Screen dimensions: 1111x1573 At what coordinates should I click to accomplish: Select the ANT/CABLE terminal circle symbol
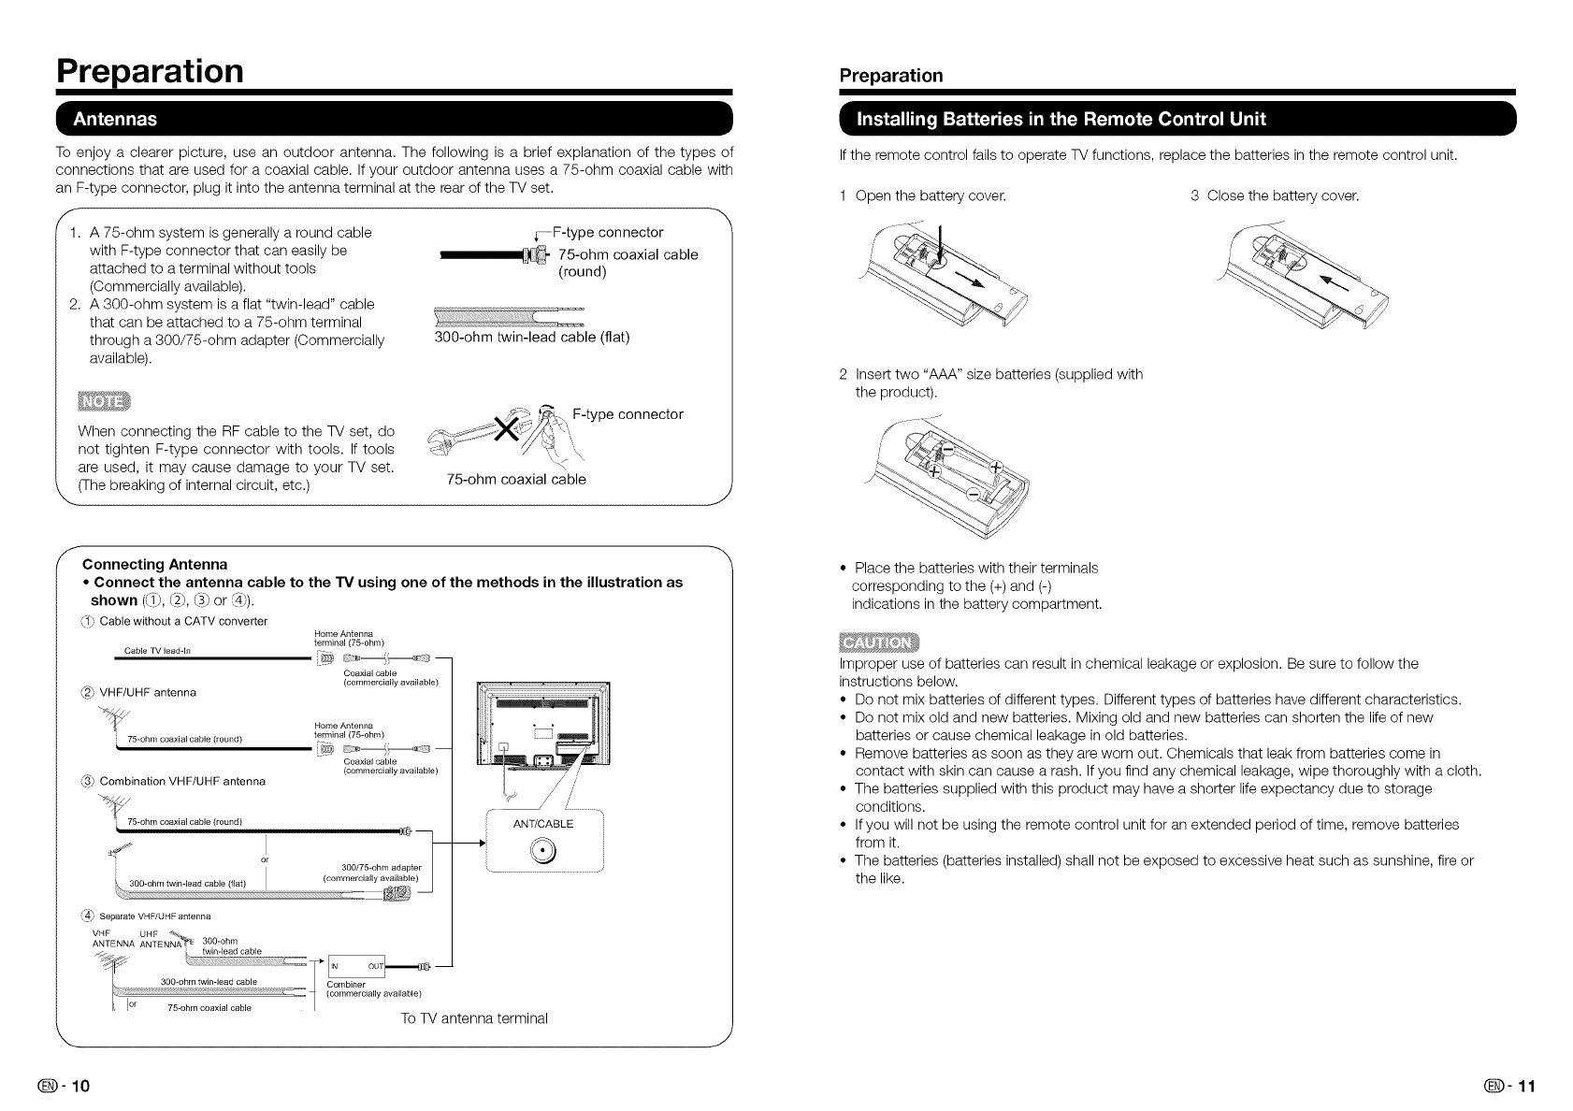click(x=542, y=850)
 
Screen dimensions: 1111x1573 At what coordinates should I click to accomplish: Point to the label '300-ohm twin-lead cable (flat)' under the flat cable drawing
click(x=532, y=337)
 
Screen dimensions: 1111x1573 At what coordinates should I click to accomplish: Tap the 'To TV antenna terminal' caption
click(x=473, y=1017)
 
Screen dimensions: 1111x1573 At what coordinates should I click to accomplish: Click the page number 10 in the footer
click(x=79, y=1086)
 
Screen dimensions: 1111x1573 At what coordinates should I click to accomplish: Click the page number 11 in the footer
click(x=1525, y=1086)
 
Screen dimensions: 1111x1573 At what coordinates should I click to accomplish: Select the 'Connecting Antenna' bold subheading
click(x=155, y=564)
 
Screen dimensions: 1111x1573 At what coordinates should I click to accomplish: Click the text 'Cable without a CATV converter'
click(x=183, y=621)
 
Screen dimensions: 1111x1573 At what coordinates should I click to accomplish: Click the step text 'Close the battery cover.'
click(x=1282, y=195)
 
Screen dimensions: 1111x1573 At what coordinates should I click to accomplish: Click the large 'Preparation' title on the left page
click(x=150, y=70)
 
